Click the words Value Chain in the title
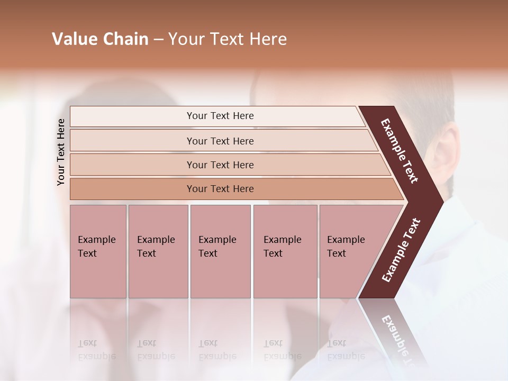[x=100, y=39]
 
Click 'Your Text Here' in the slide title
[x=228, y=39]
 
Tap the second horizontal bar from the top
[x=220, y=141]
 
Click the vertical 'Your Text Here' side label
[x=61, y=152]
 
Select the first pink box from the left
[x=98, y=251]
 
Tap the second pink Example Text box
[x=158, y=251]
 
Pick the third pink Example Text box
[x=220, y=251]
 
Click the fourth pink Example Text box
[x=285, y=251]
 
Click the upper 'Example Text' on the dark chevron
[x=400, y=151]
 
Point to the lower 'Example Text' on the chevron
[x=401, y=250]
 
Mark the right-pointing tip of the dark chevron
[x=442, y=201]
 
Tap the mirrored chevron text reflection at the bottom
[x=397, y=339]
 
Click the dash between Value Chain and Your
[x=158, y=40]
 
